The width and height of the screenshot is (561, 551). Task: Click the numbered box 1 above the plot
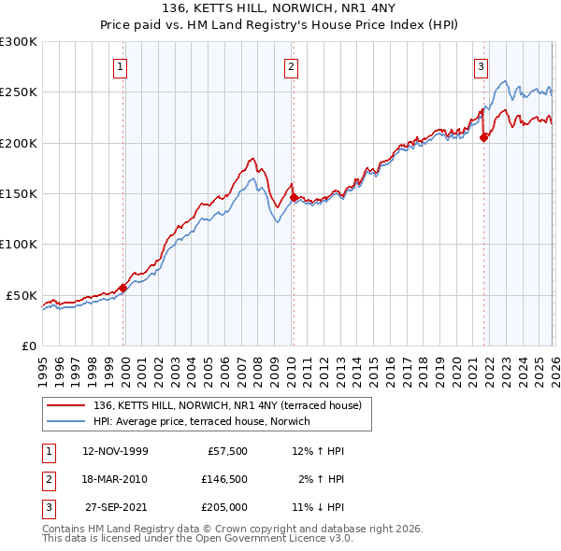pos(122,66)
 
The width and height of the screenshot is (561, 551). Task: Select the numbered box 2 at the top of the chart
pos(292,66)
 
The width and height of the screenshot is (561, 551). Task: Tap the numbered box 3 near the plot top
pos(481,66)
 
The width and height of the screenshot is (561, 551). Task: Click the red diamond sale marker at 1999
pos(122,288)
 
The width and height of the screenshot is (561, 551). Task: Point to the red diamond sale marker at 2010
pos(293,198)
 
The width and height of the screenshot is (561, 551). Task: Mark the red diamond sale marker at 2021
pos(483,138)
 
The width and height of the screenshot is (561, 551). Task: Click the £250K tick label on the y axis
pos(19,92)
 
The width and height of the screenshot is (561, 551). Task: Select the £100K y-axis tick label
pos(19,244)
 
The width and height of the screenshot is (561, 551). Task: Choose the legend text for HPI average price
pos(207,421)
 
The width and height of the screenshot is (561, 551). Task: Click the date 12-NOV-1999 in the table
pos(115,451)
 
